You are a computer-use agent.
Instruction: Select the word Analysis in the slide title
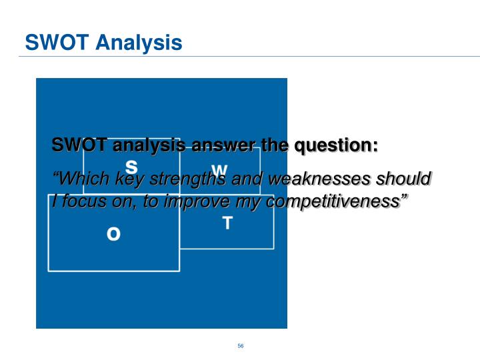138,43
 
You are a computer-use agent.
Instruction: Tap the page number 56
240,345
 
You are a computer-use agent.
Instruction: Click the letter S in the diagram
131,166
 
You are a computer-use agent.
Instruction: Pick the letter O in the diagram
114,234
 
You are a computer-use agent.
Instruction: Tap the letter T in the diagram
227,223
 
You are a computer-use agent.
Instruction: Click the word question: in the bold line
336,145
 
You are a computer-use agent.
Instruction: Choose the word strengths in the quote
193,179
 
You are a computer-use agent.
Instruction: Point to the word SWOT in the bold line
79,145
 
